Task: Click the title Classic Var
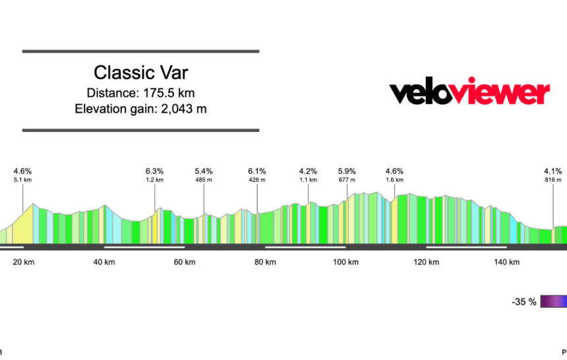140,72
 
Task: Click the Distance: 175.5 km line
140,92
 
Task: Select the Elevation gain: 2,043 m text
140,109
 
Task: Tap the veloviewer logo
469,92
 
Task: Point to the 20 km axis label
23,262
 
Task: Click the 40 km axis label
104,262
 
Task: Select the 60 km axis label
185,262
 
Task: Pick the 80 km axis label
265,262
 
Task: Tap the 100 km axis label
345,262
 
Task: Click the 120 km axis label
426,262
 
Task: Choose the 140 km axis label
506,262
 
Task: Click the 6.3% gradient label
154,171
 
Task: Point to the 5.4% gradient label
204,171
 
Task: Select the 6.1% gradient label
257,171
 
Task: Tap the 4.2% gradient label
308,171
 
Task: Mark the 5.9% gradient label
347,171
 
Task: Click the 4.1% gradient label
553,171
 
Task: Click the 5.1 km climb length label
22,179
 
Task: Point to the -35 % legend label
523,302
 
